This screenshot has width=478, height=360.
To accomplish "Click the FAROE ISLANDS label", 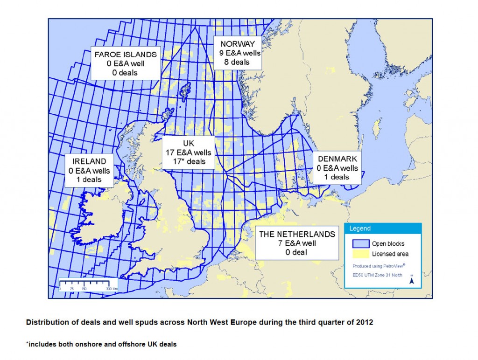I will (x=126, y=54).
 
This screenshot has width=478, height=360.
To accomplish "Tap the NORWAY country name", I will (x=237, y=44).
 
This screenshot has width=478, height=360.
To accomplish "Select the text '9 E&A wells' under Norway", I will (x=239, y=53).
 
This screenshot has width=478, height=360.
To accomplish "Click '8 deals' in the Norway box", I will (x=237, y=62).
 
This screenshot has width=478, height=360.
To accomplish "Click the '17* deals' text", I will (x=189, y=161).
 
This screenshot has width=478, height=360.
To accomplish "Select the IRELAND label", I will (x=89, y=161).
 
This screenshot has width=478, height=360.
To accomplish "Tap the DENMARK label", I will (x=337, y=159).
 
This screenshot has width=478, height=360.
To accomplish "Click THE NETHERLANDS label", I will (x=297, y=234).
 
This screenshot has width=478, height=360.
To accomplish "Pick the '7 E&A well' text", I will (x=297, y=243).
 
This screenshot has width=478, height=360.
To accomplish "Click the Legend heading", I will (x=360, y=228).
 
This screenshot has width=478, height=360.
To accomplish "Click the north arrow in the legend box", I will (x=411, y=280).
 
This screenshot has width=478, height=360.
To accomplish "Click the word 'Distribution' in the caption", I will (x=45, y=322).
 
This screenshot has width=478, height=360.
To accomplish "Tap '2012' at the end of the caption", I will (x=364, y=322).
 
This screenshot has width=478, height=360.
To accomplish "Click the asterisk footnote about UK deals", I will (x=101, y=345).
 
